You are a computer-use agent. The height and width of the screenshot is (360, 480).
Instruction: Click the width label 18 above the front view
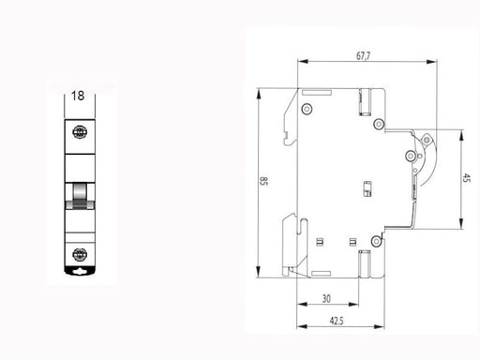tap(80, 96)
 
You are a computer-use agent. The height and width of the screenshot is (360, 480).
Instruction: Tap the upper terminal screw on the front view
tap(81, 135)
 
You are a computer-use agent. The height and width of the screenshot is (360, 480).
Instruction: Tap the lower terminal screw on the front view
tap(81, 252)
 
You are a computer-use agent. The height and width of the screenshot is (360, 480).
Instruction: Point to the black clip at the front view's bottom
tap(81, 272)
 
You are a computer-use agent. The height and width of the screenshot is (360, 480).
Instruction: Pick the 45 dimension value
tap(468, 180)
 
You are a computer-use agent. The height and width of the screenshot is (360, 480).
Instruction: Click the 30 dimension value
tap(324, 299)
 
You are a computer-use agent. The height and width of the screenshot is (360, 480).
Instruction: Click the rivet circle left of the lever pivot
tap(410, 156)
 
